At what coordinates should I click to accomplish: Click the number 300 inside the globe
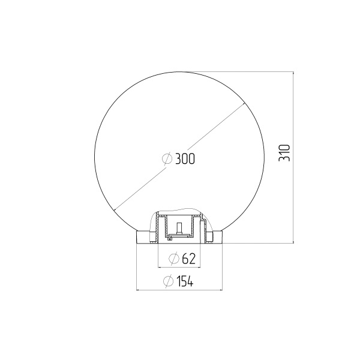185,158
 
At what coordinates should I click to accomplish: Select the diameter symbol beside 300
167,158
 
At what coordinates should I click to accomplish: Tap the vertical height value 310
284,152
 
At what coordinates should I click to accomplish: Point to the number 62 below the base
188,258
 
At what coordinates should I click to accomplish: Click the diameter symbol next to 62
174,259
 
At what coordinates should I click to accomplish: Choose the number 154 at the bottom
185,281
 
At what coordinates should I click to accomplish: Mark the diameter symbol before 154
168,281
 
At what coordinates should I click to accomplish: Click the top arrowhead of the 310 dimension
293,74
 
